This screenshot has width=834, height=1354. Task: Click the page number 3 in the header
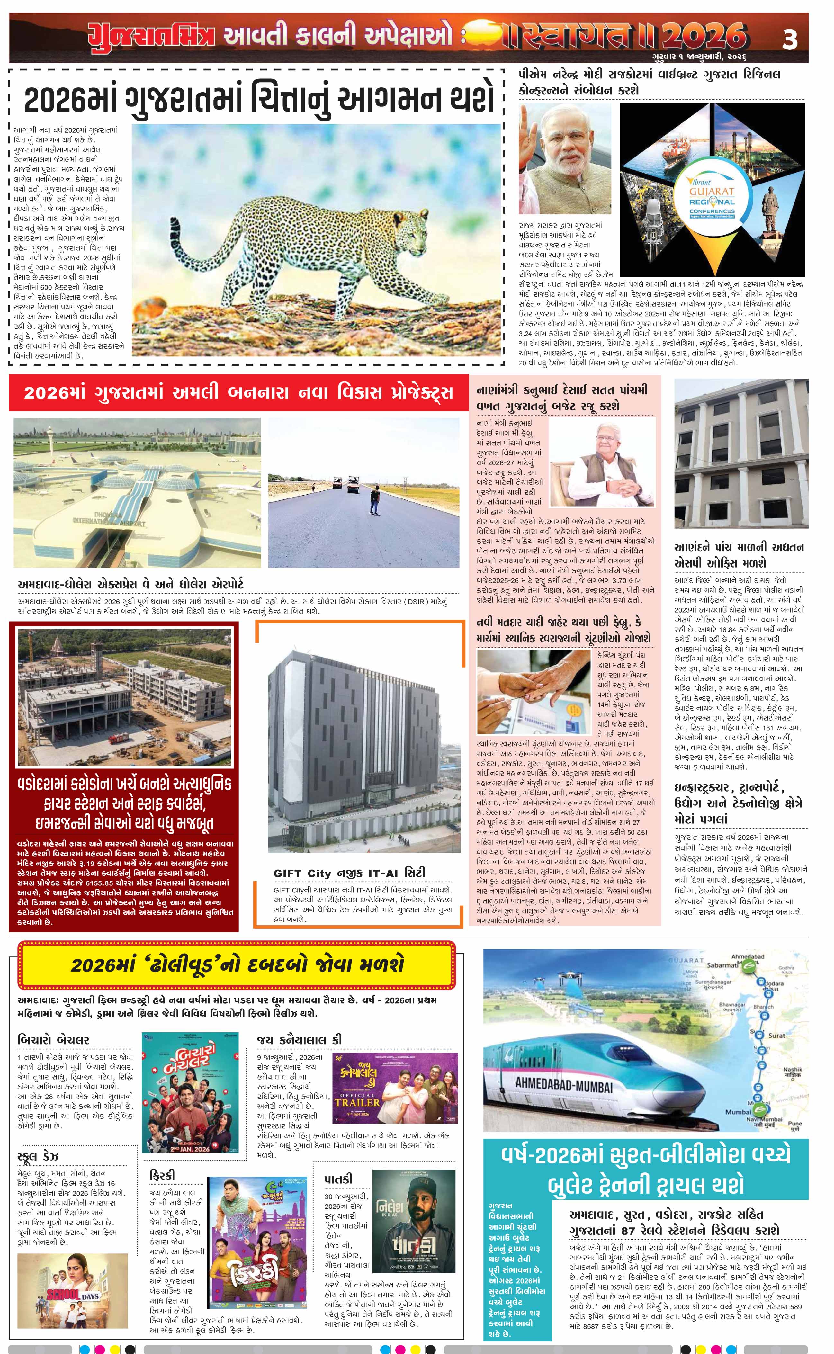(790, 42)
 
